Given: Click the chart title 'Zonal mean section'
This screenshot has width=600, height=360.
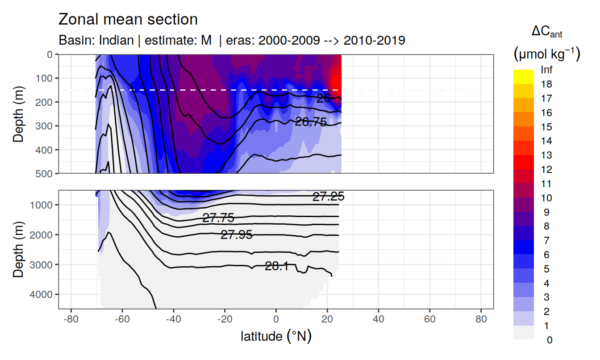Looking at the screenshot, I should [128, 20].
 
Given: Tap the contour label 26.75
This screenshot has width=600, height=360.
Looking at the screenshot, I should [311, 121].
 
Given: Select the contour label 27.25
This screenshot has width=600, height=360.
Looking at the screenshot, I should [328, 197].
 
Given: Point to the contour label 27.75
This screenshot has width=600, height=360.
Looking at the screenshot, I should [218, 218].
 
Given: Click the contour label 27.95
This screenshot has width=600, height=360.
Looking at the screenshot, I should [237, 235].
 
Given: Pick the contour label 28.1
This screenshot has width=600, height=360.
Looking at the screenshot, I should [277, 267].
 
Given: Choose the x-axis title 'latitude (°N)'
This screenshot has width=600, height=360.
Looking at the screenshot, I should [276, 336].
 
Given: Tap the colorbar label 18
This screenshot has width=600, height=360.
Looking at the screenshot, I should [546, 84].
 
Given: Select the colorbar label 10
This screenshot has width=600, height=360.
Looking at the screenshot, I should [546, 198].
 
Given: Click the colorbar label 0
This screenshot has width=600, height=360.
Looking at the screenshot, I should [549, 340].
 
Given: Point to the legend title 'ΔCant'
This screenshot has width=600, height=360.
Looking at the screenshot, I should [546, 32].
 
